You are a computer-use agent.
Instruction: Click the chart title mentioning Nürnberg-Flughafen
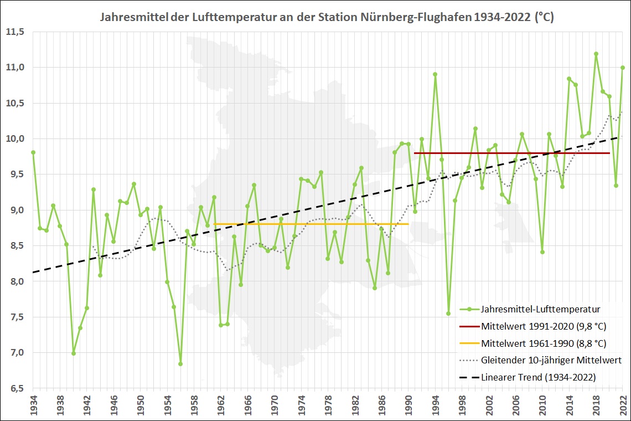pyautogui.click(x=327, y=17)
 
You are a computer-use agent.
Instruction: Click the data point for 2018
pyautogui.click(x=596, y=54)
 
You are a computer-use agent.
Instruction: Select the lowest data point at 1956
pyautogui.click(x=180, y=364)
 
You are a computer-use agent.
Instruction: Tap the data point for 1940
pyautogui.click(x=74, y=353)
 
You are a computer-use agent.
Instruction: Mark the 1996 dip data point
pyautogui.click(x=448, y=314)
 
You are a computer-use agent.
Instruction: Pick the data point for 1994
pyautogui.click(x=435, y=74)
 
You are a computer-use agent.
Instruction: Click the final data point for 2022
pyautogui.click(x=623, y=68)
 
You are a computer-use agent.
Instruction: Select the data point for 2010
pyautogui.click(x=542, y=252)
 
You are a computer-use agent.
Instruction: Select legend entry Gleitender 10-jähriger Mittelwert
pyautogui.click(x=551, y=360)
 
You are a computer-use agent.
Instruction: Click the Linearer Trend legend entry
pyautogui.click(x=536, y=377)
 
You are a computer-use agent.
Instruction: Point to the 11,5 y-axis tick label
pyautogui.click(x=16, y=32)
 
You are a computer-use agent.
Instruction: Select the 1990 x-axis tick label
pyautogui.click(x=408, y=404)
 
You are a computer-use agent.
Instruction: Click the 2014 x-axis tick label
pyautogui.click(x=570, y=404)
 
